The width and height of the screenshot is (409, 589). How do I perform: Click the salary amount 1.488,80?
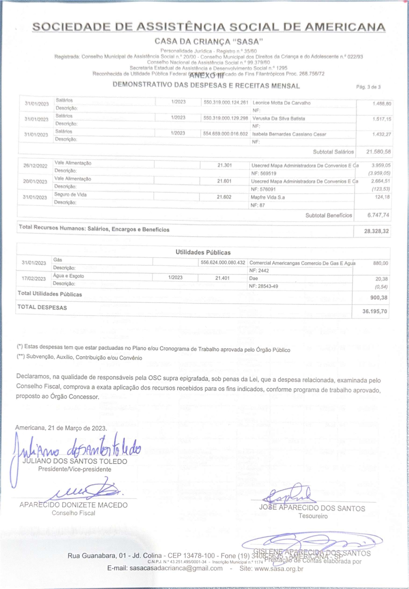click(x=382, y=104)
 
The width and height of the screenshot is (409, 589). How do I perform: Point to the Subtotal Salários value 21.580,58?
click(x=378, y=152)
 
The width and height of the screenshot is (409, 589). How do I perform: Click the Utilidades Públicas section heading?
click(x=203, y=252)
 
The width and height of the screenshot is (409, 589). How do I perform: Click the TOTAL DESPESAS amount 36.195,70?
click(x=374, y=311)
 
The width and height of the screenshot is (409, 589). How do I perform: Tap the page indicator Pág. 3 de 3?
click(x=368, y=87)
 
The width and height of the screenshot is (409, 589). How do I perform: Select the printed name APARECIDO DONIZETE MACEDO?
click(x=74, y=505)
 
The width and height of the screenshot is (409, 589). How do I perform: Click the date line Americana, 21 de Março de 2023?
click(x=61, y=428)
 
